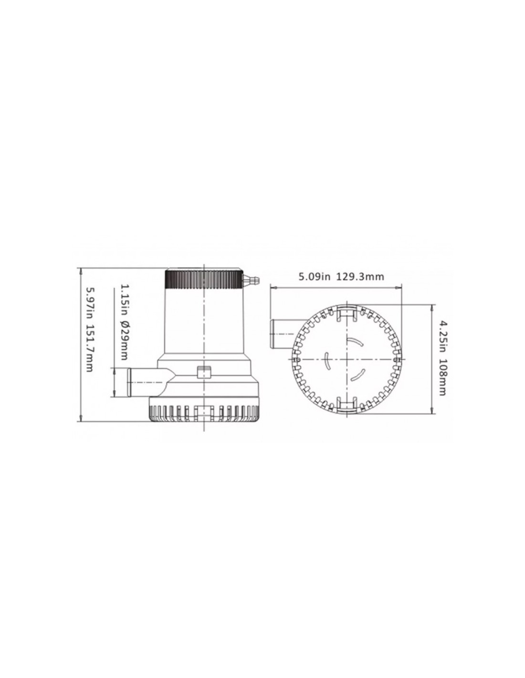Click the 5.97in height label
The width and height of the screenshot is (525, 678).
[89, 303]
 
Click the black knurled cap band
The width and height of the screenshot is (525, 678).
[203, 279]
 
